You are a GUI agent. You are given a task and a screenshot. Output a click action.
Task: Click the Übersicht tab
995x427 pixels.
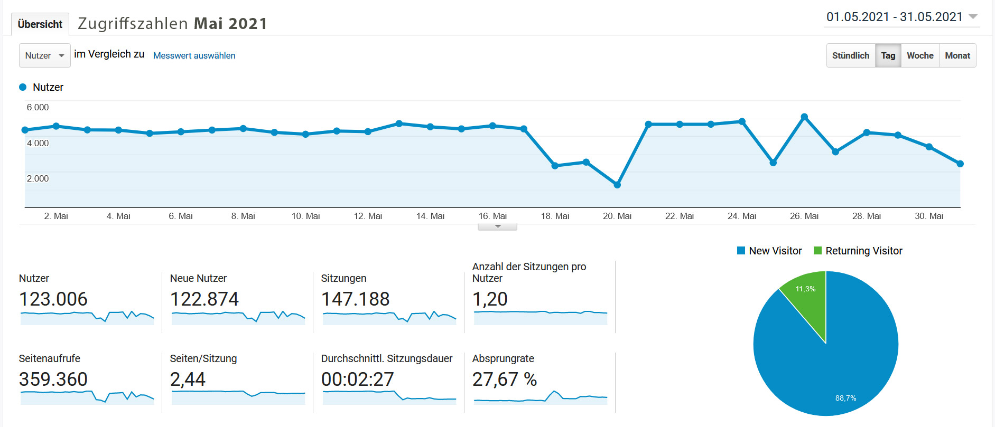40,24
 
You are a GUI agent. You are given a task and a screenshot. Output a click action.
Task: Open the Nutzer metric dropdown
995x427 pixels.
45,55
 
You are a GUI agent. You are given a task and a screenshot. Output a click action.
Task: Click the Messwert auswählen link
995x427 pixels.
194,55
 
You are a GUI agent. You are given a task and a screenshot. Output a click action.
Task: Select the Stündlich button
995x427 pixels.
850,55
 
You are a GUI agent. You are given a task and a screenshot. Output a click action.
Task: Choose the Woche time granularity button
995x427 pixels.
920,55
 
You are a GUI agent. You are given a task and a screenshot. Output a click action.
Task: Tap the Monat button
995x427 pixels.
957,55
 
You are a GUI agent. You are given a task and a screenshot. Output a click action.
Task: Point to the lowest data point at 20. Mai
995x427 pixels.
617,185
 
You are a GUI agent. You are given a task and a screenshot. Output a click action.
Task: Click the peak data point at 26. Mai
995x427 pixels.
804,117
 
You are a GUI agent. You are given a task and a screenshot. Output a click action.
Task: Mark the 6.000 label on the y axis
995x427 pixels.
38,107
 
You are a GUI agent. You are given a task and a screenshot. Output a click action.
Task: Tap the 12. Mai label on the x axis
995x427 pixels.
368,216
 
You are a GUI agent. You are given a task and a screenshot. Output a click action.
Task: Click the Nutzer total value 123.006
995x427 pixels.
53,299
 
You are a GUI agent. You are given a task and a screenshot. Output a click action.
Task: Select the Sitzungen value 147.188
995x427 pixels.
355,299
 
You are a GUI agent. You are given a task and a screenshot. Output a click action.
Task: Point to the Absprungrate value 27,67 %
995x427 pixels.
505,379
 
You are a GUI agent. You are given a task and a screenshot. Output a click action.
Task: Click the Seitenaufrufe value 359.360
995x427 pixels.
53,379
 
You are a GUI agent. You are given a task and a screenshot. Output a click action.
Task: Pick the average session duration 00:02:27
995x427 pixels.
358,379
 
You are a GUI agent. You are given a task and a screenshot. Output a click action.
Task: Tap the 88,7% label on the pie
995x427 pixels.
845,398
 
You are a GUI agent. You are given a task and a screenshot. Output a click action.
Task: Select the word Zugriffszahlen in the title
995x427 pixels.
133,24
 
